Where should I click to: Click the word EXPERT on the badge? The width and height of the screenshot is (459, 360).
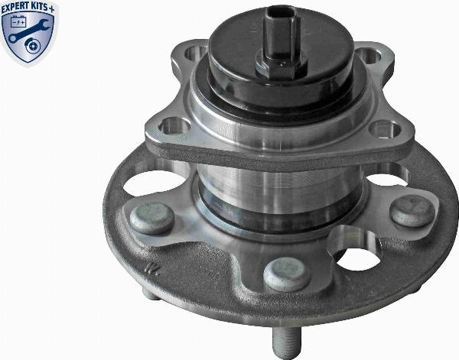pos(16,8)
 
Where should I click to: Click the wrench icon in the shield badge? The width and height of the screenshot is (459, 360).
pos(28,31)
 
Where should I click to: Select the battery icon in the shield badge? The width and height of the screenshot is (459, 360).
pos(18,21)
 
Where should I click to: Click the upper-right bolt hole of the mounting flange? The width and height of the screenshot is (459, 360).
pos(368,55)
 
